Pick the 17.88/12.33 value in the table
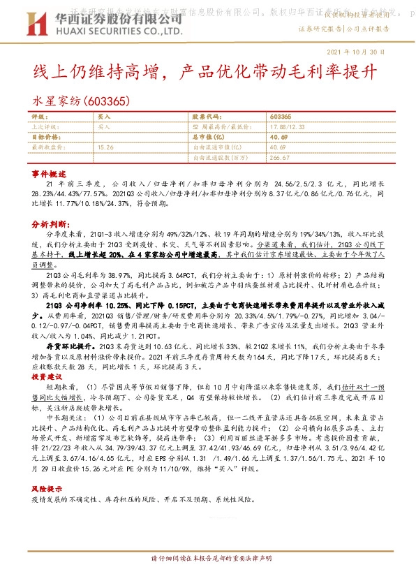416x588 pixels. point(286,127)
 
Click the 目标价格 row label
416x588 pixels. point(44,138)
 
